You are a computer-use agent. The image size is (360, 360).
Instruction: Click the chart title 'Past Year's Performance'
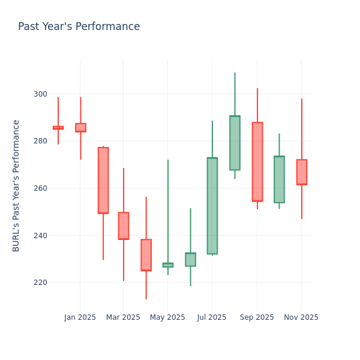tap(79, 27)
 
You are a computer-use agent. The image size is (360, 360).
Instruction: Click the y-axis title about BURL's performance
tap(16, 185)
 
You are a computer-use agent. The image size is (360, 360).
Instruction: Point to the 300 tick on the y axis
tap(40, 94)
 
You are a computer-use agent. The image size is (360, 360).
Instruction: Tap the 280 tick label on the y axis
tap(40, 141)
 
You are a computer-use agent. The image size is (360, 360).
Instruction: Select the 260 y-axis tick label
tap(40, 188)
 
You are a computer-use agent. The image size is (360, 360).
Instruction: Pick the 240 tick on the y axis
tap(40, 235)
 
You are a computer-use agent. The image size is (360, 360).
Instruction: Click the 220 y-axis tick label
tap(40, 283)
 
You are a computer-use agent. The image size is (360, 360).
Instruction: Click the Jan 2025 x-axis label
tap(80, 317)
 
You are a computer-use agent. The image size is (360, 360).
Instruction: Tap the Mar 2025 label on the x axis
tap(123, 317)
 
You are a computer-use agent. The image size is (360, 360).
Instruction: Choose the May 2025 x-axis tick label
tap(167, 317)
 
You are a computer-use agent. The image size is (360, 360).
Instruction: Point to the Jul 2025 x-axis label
tap(212, 317)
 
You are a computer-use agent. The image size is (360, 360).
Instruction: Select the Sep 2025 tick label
tap(257, 317)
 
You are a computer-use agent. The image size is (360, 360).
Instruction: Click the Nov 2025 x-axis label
tap(301, 317)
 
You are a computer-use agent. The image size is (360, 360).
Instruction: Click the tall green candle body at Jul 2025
tap(212, 206)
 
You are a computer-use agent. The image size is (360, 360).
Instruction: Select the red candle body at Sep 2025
tap(257, 161)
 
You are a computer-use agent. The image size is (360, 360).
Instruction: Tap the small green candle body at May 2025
tap(168, 265)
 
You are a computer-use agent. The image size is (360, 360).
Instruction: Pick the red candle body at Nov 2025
tap(302, 172)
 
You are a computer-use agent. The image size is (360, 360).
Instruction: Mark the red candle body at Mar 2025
tap(124, 226)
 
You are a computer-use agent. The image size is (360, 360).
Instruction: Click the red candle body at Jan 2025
tap(80, 128)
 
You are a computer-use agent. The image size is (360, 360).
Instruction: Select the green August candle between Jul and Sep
tap(235, 143)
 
